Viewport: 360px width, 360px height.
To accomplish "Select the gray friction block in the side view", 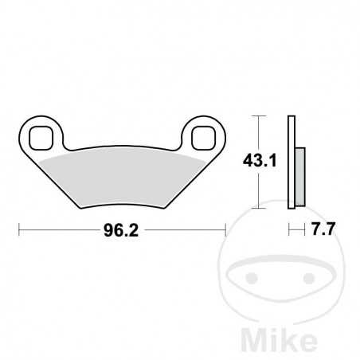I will [299, 175].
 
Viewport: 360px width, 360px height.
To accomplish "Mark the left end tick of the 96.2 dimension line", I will [19, 232].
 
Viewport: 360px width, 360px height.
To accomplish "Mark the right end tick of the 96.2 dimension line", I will [226, 232].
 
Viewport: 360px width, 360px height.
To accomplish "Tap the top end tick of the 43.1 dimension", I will [256, 116].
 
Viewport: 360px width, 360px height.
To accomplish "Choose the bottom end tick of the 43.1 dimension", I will [256, 209].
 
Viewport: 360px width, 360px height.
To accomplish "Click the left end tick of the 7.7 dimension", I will [289, 232].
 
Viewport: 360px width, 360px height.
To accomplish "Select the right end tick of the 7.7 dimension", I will [305, 232].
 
